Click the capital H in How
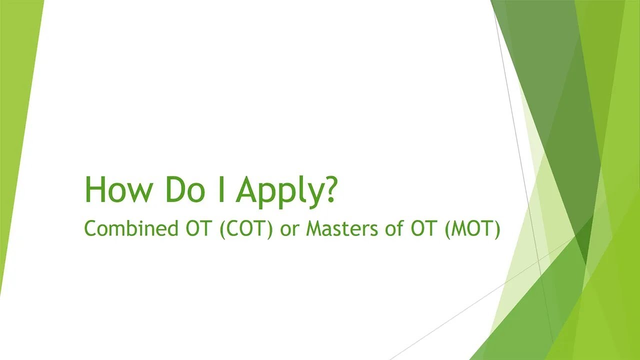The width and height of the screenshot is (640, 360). click(x=95, y=189)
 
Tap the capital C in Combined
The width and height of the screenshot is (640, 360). click(x=90, y=228)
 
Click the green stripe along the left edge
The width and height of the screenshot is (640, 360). click(x=15, y=150)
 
